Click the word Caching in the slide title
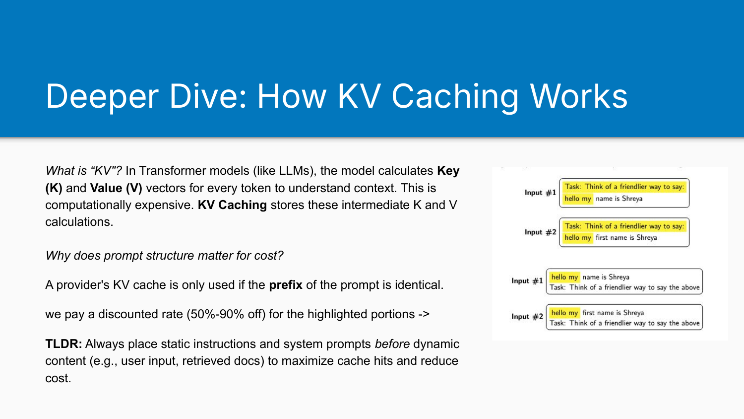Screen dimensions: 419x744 coord(454,96)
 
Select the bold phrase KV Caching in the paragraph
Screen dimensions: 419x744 coord(232,205)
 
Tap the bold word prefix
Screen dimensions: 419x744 coord(285,285)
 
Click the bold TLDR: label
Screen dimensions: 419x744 coord(63,344)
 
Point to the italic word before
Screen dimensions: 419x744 coord(392,344)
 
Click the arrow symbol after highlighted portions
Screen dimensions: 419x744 coord(424,314)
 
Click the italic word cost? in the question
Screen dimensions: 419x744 coord(268,256)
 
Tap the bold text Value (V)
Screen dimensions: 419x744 coord(116,188)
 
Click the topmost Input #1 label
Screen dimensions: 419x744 coord(540,193)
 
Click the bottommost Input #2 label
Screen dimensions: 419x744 coord(527,316)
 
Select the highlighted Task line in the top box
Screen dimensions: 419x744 coord(624,187)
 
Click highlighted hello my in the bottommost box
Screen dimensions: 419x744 coord(564,313)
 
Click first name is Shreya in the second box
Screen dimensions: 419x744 coord(626,238)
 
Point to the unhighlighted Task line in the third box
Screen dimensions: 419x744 coord(624,287)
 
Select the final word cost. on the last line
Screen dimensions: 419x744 coord(58,378)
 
